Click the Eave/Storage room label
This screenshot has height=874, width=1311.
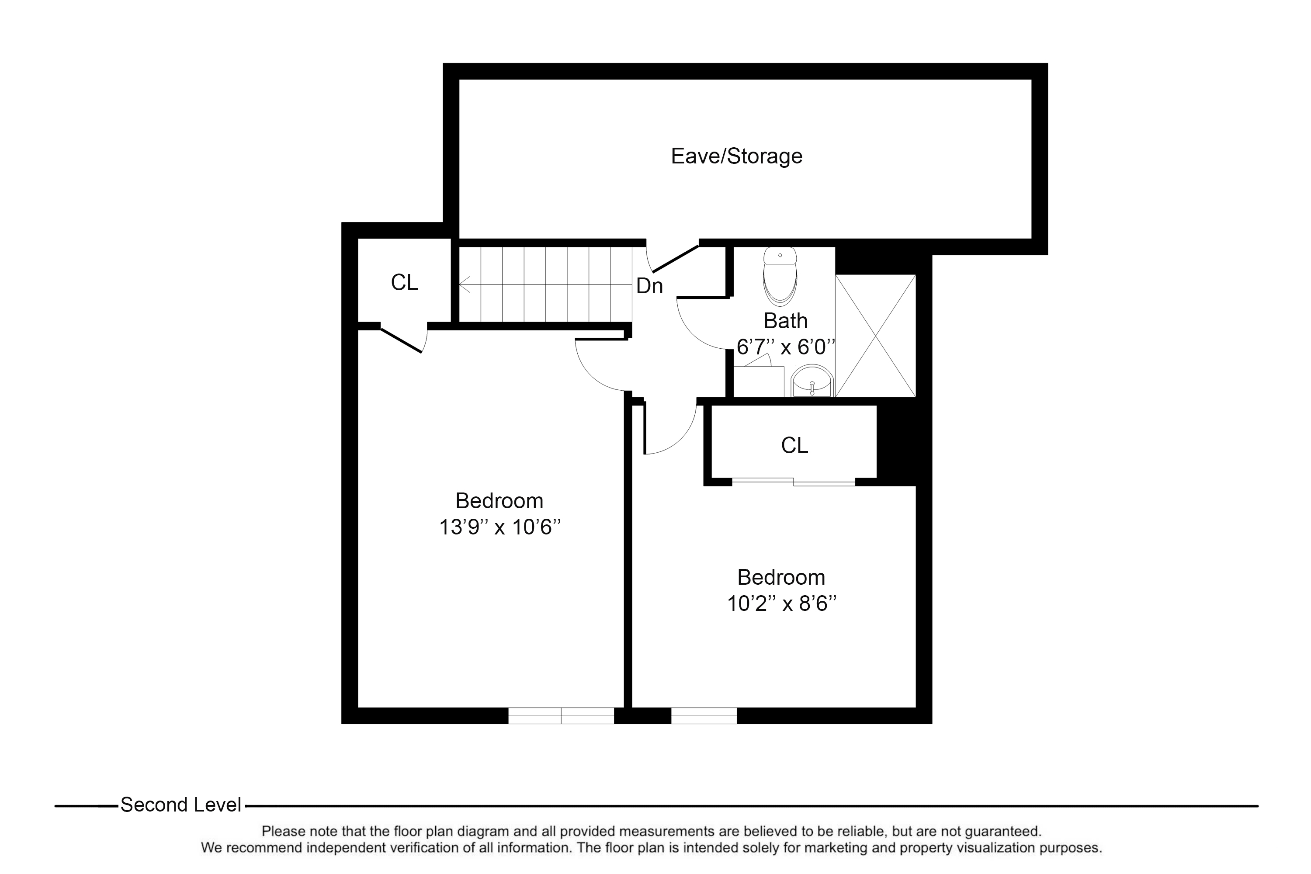point(736,156)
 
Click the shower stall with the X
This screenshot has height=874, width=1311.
point(875,336)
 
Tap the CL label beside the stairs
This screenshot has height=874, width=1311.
point(404,283)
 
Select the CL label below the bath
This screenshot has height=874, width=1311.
point(794,445)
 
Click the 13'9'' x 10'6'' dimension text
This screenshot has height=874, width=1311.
point(499,527)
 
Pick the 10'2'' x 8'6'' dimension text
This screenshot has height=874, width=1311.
point(781,603)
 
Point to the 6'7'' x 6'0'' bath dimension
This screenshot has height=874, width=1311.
point(785,347)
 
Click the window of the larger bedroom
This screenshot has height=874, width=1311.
point(561,716)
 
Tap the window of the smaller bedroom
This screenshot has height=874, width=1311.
point(704,716)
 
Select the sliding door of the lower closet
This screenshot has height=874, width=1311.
point(793,482)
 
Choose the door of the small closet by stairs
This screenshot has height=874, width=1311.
point(401,340)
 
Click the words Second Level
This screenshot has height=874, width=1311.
point(180,805)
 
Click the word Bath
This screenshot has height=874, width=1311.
point(785,321)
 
